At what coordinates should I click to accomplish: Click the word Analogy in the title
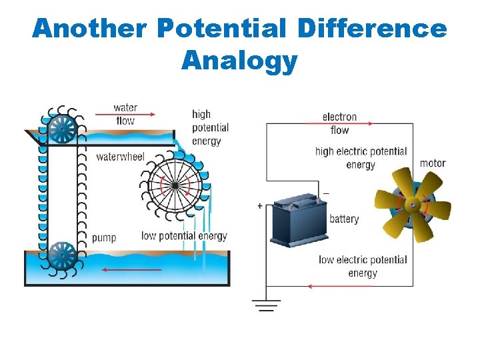(239, 61)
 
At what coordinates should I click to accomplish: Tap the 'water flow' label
(125, 114)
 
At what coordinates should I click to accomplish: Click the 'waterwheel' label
(121, 157)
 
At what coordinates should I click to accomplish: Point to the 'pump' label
(104, 237)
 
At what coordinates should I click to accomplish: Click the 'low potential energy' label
(184, 236)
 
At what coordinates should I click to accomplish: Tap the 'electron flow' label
(339, 123)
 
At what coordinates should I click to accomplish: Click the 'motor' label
(433, 163)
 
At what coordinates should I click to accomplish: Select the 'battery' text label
(344, 219)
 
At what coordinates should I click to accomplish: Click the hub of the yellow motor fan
(412, 204)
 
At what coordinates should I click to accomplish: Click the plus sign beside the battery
(259, 207)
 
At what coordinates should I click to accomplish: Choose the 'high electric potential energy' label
(361, 158)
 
